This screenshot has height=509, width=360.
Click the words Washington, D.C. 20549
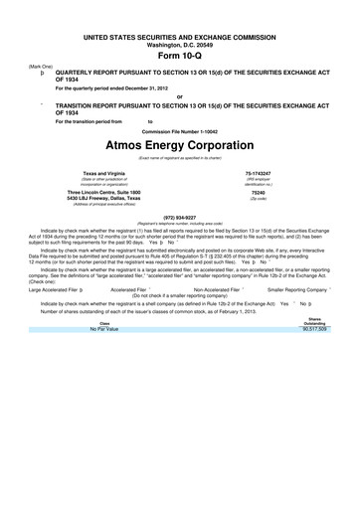(x=179, y=44)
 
